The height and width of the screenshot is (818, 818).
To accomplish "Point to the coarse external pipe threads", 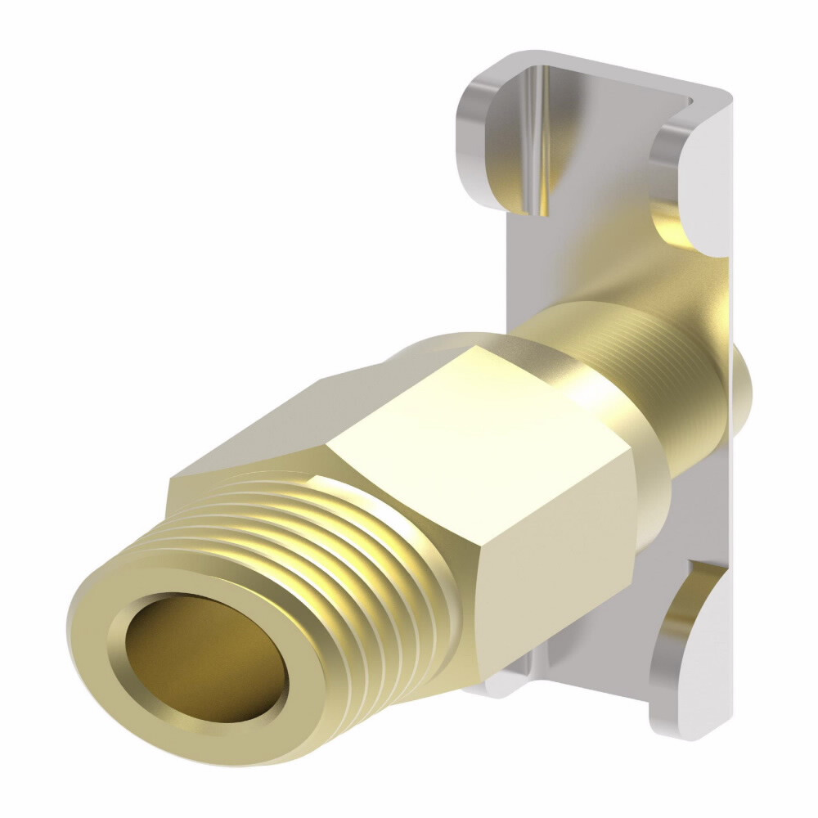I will coord(344,556).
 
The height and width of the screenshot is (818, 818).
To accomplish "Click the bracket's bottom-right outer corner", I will coord(720,732).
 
